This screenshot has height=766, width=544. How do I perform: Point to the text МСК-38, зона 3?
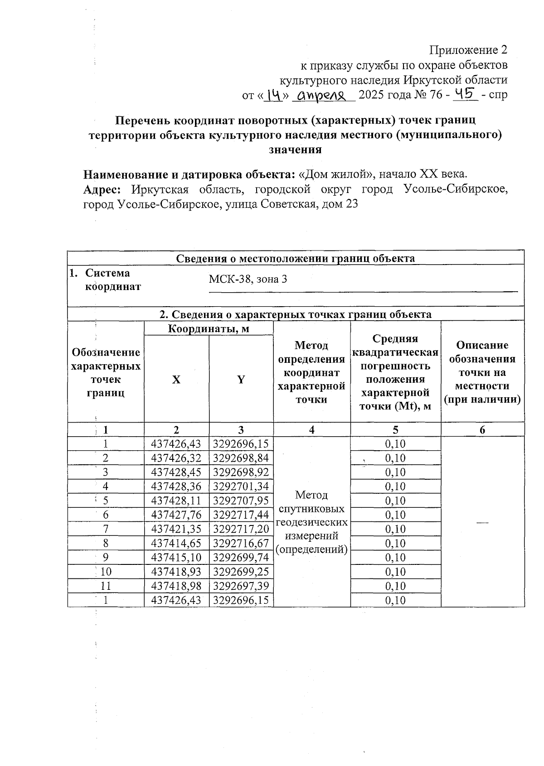click(x=248, y=279)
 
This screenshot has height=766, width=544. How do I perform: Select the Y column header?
click(x=241, y=380)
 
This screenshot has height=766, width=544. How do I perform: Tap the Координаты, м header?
click(x=209, y=328)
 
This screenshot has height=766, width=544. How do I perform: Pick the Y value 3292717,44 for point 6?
click(x=241, y=515)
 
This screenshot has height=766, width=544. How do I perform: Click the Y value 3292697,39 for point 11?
click(x=241, y=586)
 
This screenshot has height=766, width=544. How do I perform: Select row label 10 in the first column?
click(x=106, y=572)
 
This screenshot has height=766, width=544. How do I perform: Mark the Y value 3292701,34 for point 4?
click(x=241, y=487)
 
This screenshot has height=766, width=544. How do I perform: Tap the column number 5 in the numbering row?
click(x=395, y=430)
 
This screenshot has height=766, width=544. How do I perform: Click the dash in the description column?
click(x=482, y=522)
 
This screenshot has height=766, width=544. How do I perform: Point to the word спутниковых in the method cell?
click(x=311, y=508)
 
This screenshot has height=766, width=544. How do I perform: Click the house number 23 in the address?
click(x=352, y=204)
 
